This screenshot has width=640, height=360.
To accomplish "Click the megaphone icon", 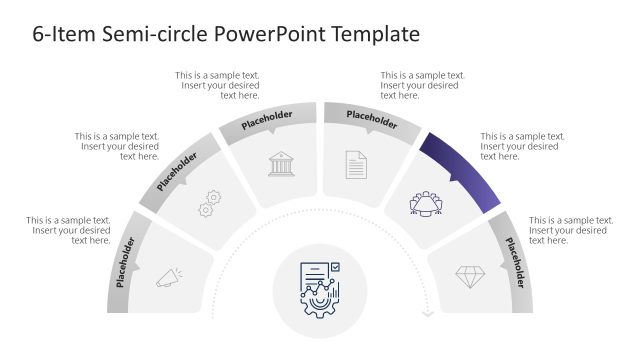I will [167, 279].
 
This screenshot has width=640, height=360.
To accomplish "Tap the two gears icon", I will [210, 203].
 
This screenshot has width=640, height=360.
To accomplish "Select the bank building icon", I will [282, 164].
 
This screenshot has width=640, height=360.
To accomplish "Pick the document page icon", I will [356, 164].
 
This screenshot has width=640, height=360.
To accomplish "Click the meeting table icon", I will [426, 204].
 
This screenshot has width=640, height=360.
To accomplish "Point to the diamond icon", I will [470, 277].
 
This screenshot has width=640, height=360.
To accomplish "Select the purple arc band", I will [461, 170].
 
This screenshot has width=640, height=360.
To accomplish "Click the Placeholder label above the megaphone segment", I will [126, 261].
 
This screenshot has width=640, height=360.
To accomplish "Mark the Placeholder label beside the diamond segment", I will [514, 262].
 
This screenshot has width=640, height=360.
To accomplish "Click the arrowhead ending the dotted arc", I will [427, 314].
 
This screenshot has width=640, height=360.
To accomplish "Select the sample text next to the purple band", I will [522, 146].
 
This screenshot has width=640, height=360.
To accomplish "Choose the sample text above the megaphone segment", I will [69, 230].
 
